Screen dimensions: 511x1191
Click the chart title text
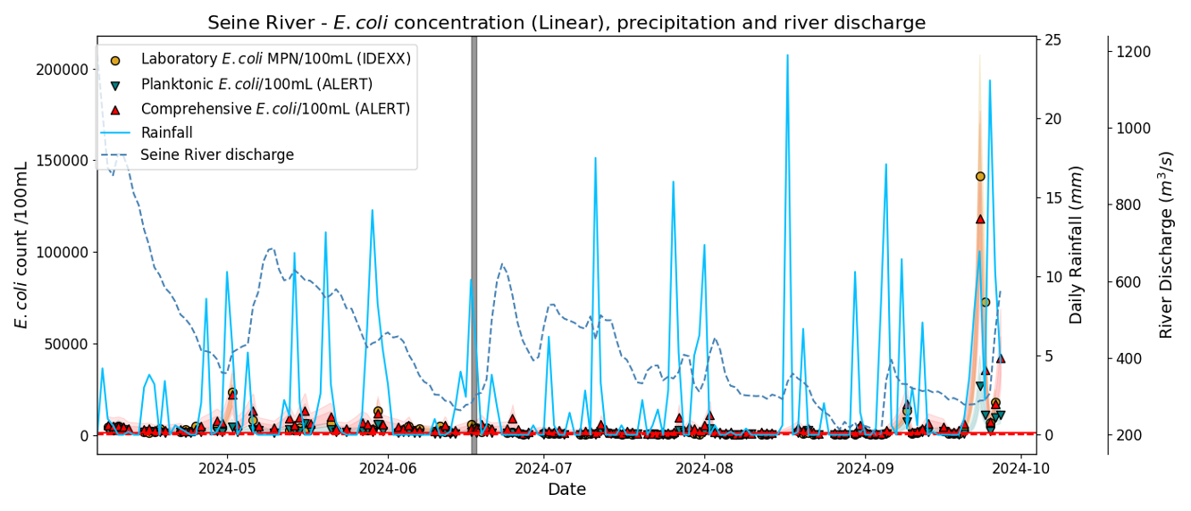[566, 22]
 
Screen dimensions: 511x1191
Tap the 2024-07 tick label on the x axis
[543, 467]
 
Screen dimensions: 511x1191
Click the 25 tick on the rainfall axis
[1053, 40]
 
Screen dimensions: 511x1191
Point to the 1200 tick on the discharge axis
[1129, 53]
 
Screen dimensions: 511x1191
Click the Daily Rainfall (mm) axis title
[1077, 245]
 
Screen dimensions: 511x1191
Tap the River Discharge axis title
[1166, 245]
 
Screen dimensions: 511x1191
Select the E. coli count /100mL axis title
[21, 245]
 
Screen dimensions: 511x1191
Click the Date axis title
[566, 490]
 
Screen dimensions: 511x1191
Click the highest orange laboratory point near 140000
[980, 177]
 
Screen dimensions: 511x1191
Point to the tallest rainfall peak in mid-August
[787, 56]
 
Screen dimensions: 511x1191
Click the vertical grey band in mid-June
[474, 241]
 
